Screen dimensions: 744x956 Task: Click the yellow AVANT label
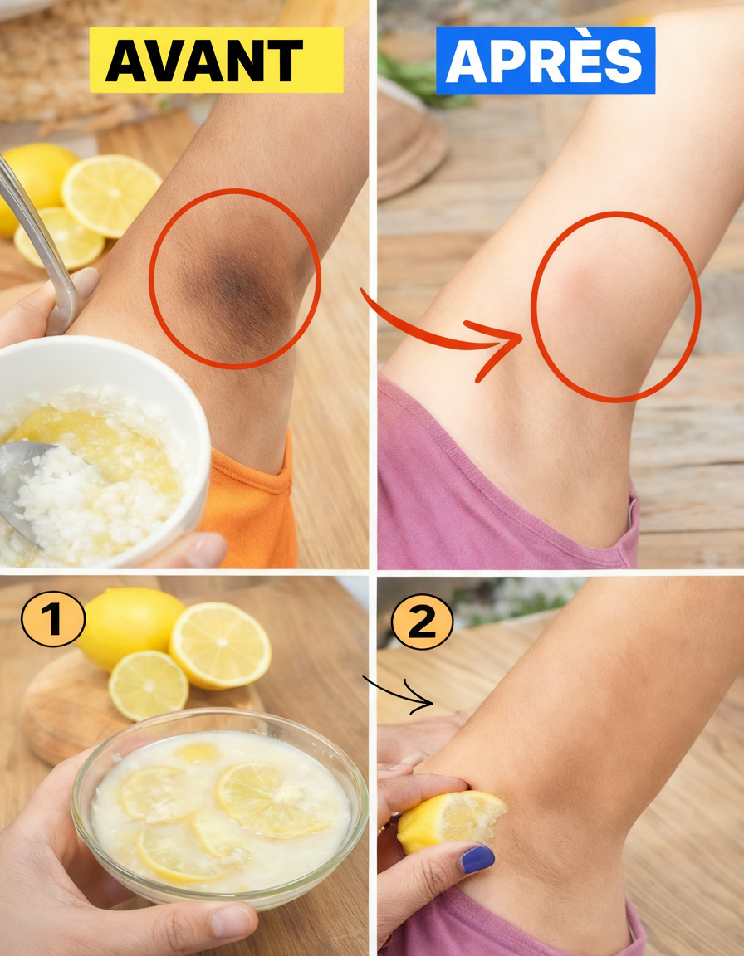217,61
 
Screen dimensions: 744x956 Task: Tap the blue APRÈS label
546,61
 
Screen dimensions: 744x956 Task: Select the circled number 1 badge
53,619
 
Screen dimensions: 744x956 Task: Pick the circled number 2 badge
422,622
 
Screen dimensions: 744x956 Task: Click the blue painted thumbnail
477,859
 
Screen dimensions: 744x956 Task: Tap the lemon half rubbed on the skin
451,820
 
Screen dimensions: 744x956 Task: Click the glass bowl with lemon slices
219,805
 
